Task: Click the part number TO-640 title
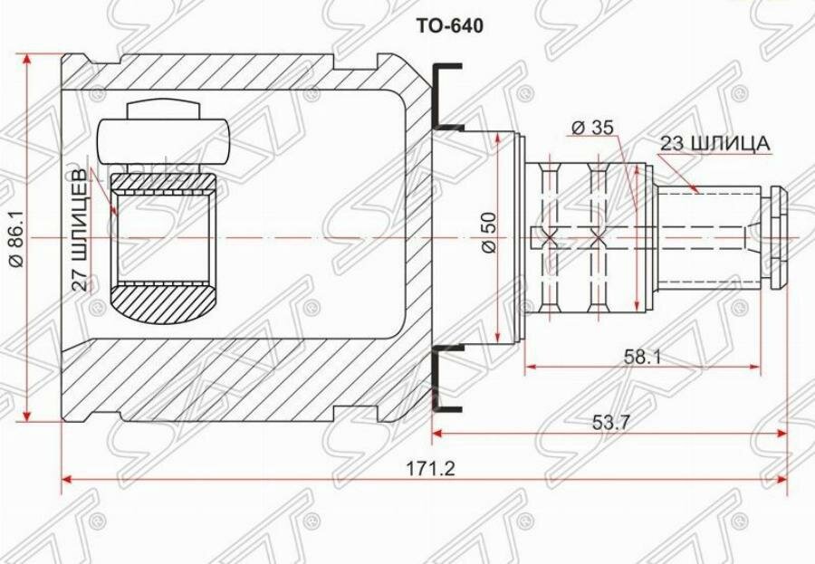click(x=449, y=25)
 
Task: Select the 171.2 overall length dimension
click(x=430, y=469)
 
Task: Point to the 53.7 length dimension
click(x=610, y=422)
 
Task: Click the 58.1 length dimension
click(x=642, y=356)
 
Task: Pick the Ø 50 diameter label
click(x=490, y=233)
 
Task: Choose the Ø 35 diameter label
click(x=592, y=127)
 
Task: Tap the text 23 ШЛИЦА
click(x=714, y=144)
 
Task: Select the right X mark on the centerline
click(x=599, y=239)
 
